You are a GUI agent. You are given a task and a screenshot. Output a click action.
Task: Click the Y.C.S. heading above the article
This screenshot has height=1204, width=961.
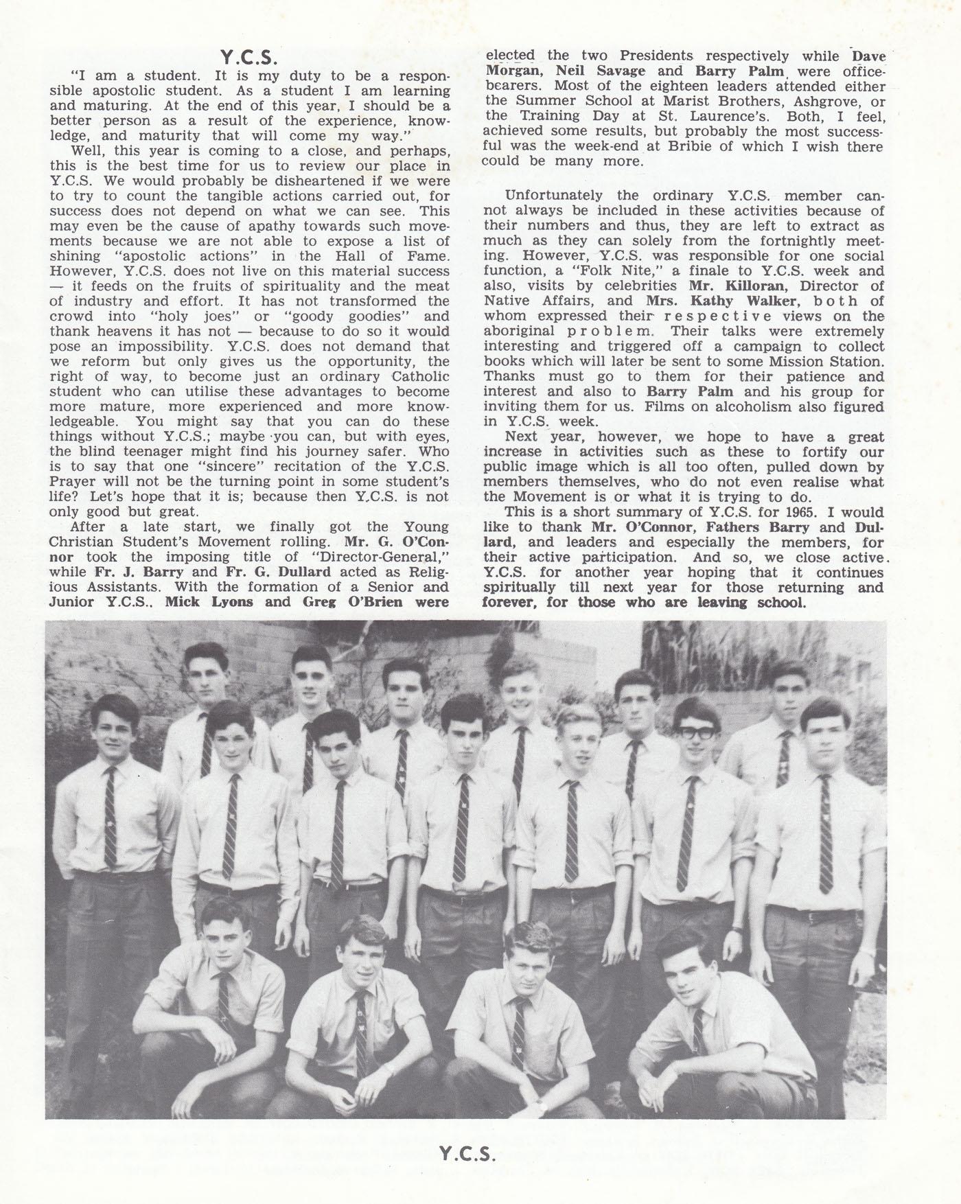(248, 56)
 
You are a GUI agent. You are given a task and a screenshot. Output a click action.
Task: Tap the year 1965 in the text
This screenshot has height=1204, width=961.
(802, 512)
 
